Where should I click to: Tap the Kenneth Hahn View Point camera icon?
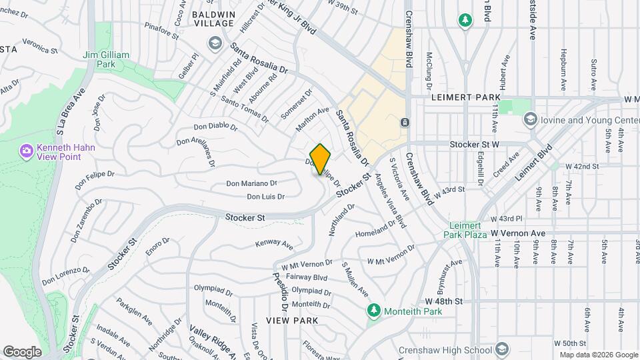(27, 152)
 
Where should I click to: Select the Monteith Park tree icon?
(374, 311)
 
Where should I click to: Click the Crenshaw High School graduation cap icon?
(501, 350)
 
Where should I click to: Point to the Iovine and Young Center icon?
(531, 119)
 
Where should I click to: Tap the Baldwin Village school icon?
(214, 43)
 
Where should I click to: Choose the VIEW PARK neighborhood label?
(291, 321)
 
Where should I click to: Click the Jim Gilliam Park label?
(99, 59)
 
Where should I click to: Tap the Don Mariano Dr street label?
(251, 183)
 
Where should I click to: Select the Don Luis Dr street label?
(265, 197)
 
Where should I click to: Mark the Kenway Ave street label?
(274, 245)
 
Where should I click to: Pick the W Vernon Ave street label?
(518, 233)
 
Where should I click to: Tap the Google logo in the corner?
(22, 351)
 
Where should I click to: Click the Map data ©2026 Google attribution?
(598, 355)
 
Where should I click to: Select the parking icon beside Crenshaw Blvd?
(405, 123)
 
